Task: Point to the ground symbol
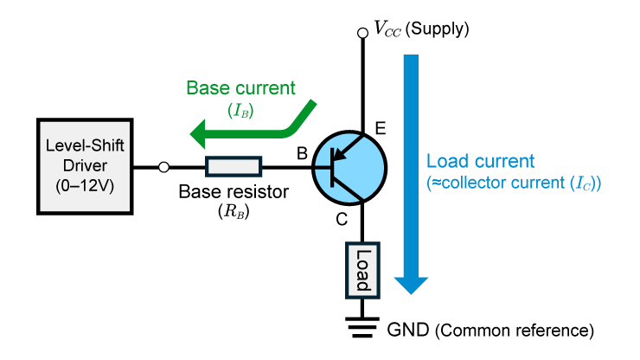tap(363, 326)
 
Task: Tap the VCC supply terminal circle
tap(363, 33)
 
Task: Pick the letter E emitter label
tap(381, 130)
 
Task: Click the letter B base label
tap(302, 153)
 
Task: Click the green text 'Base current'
tap(241, 88)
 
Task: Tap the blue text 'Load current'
tap(481, 162)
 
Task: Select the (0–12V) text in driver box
tap(85, 185)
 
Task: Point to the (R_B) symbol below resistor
tap(233, 211)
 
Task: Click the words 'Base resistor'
tap(233, 192)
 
